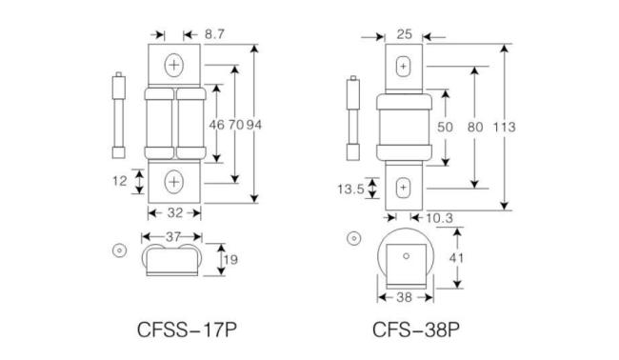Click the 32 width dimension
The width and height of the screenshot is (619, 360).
(x=174, y=212)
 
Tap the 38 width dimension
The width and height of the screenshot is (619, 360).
(x=403, y=296)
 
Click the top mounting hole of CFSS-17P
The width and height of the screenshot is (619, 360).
(x=174, y=66)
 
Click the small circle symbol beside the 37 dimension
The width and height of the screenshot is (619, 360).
(x=119, y=250)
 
